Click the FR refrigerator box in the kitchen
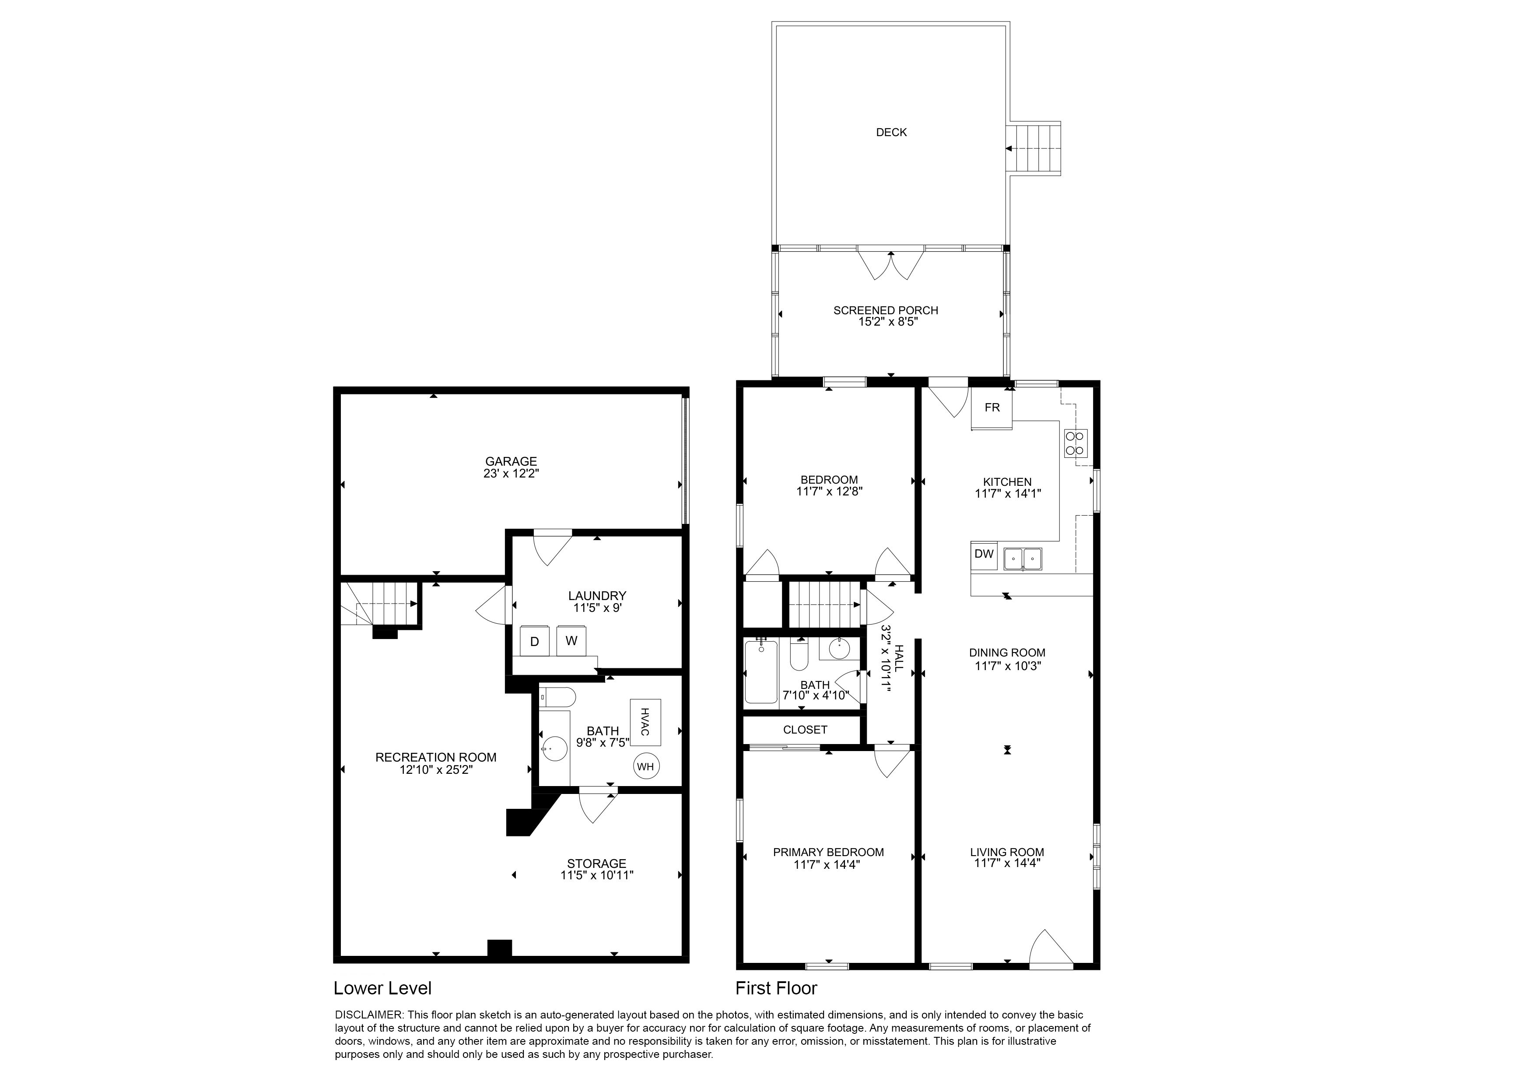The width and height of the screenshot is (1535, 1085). coord(992,408)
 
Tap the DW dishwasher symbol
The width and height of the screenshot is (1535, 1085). coord(984,554)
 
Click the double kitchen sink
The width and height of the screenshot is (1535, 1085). coord(1022,558)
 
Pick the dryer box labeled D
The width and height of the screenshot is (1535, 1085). coord(535,642)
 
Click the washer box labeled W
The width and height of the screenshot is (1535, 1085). coord(571,641)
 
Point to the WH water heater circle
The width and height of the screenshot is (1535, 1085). coord(645,767)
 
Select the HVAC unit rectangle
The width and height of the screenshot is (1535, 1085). coord(645,722)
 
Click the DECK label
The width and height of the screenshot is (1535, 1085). coord(891,132)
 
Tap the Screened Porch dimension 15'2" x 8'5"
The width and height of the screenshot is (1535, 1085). coord(886,322)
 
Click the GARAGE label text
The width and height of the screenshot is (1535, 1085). coord(511,461)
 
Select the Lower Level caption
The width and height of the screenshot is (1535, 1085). coord(382,988)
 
